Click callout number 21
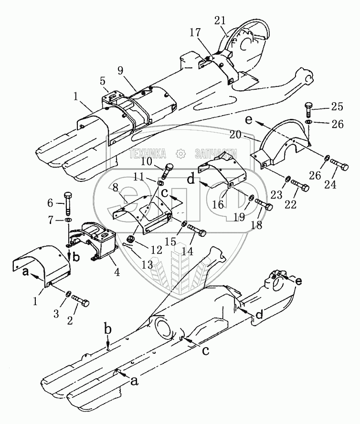[x=233, y=21]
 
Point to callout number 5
[x=103, y=80]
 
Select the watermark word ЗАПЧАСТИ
[x=215, y=153]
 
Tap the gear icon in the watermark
[x=181, y=153]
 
